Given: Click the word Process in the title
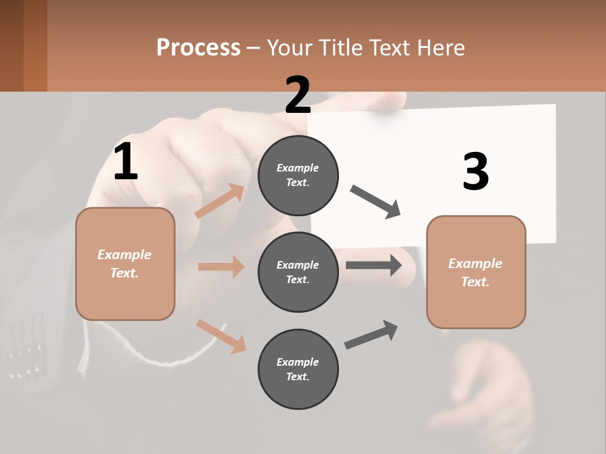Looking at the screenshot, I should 198,48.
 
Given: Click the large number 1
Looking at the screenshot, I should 126,162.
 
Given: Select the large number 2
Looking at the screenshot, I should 298,95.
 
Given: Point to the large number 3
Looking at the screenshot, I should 475,172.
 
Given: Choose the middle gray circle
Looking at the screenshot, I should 298,272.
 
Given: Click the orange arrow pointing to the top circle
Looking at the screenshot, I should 220,201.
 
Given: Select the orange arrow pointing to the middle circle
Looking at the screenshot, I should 221,267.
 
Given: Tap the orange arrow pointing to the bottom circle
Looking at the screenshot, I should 221,335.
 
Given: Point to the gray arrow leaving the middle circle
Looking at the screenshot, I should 373,265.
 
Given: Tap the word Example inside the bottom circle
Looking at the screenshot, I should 297,362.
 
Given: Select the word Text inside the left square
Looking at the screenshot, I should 124,273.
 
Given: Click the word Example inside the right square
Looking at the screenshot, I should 475,264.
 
